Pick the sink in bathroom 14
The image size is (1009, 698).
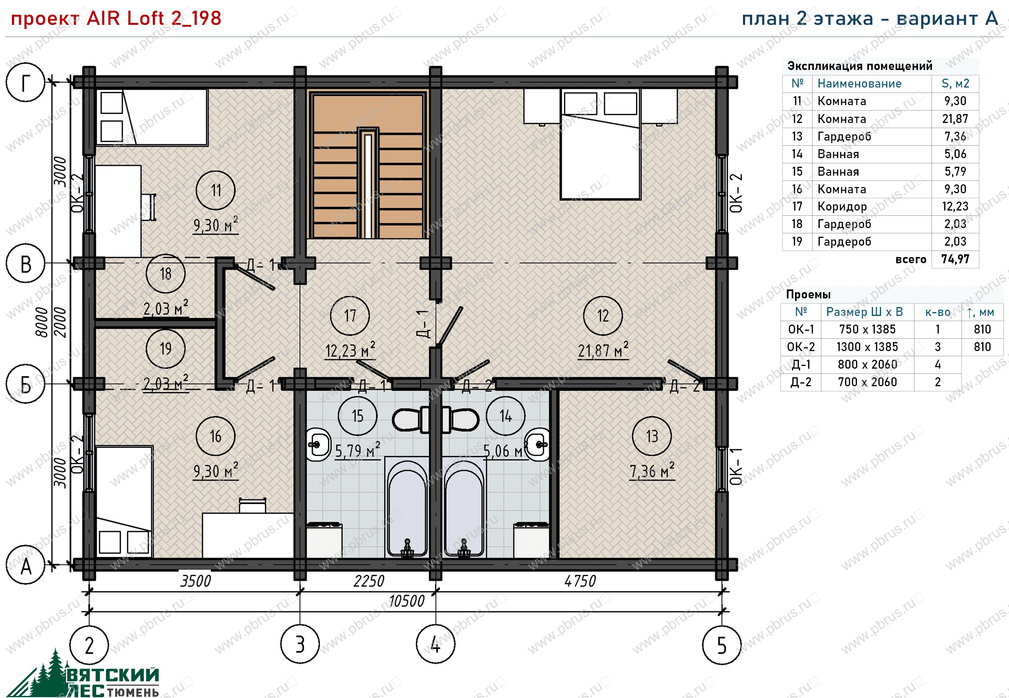click(537, 445)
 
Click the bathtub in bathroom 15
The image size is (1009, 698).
click(406, 508)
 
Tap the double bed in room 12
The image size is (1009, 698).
click(600, 144)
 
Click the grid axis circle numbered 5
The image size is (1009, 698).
click(722, 645)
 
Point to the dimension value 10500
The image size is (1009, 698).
click(406, 601)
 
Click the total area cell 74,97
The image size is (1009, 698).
click(955, 259)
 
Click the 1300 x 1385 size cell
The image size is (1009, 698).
click(867, 347)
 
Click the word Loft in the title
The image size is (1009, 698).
click(145, 18)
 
